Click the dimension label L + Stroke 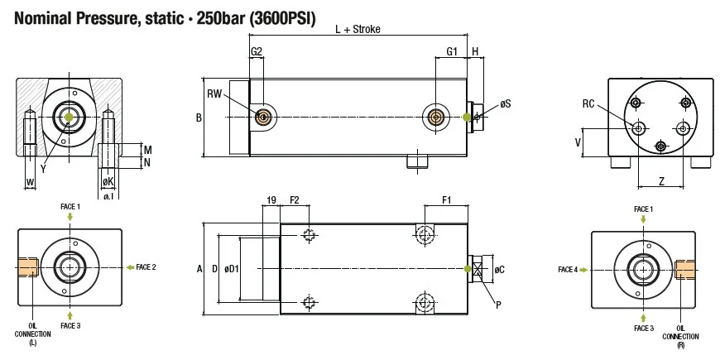tap(357, 30)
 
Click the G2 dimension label tap(257, 51)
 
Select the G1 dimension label tap(452, 51)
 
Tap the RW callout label tap(214, 93)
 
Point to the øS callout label tap(505, 104)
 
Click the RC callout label tap(588, 103)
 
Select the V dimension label tap(577, 142)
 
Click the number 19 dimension tap(271, 199)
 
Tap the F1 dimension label tap(446, 199)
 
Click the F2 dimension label tap(295, 199)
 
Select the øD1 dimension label tap(231, 269)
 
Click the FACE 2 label tap(146, 267)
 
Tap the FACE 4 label tap(568, 269)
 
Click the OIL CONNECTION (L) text tap(32, 334)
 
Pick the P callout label tap(497, 304)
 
